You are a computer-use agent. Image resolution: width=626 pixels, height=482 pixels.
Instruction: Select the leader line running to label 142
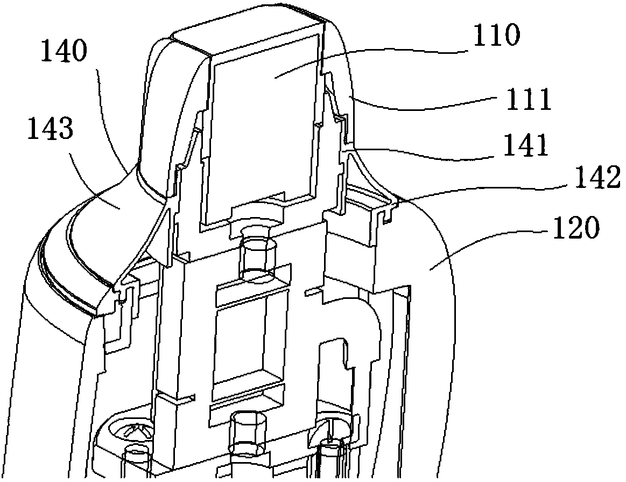[x=484, y=190]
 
